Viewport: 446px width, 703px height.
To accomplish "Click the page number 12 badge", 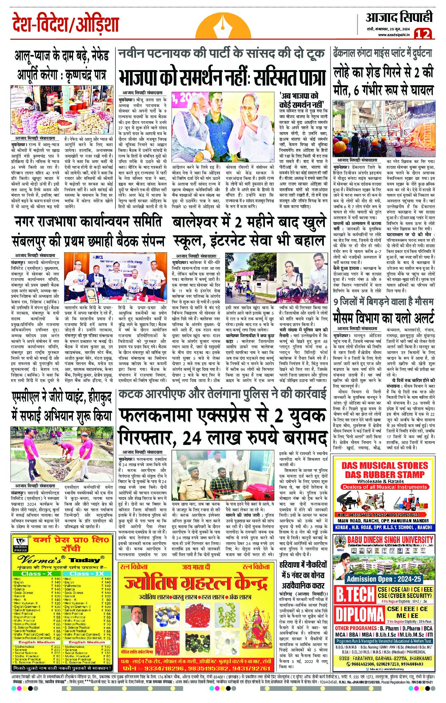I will coord(424,34).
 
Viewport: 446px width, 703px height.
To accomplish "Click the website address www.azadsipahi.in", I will coord(393,35).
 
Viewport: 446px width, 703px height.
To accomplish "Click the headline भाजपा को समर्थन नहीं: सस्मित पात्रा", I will coord(222,77).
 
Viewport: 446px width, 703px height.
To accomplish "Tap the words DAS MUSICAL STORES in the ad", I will coord(384,466).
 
